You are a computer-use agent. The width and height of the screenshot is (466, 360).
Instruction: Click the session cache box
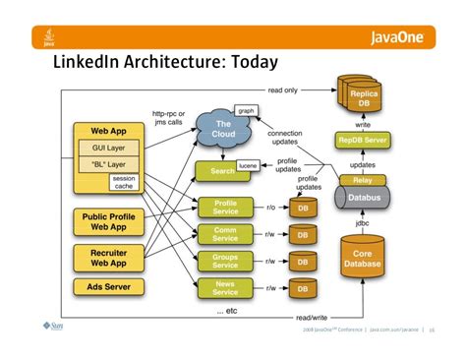(124, 183)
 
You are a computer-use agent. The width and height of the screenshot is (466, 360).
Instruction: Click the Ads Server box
(103, 287)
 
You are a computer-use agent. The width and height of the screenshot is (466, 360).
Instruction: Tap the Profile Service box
(225, 209)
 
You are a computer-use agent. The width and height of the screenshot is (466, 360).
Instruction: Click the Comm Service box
(225, 234)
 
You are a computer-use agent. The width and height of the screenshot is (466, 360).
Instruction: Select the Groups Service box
(225, 260)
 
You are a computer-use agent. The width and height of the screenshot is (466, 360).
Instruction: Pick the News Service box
(225, 286)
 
